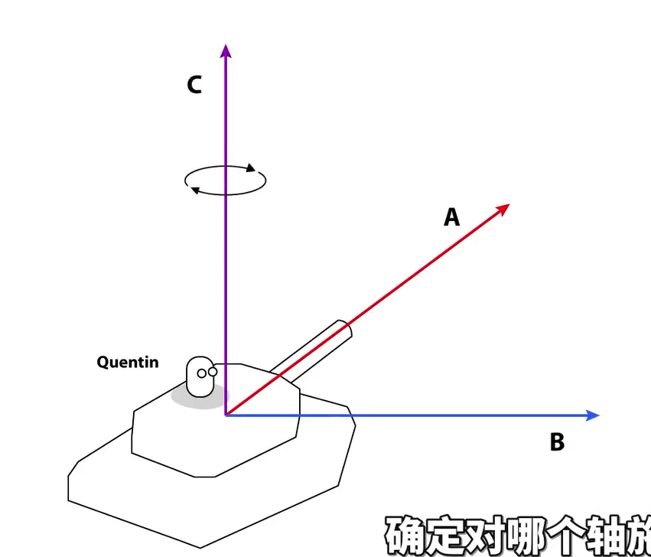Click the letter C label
pyautogui.click(x=194, y=85)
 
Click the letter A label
pyautogui.click(x=452, y=218)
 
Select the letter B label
pyautogui.click(x=557, y=442)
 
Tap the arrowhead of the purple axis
pyautogui.click(x=226, y=50)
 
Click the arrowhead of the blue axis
pyautogui.click(x=592, y=415)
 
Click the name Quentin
pyautogui.click(x=128, y=362)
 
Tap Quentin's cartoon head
pyautogui.click(x=200, y=376)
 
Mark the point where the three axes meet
pyautogui.click(x=226, y=415)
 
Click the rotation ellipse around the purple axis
pyautogui.click(x=226, y=181)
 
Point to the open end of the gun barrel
pyautogui.click(x=343, y=330)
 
